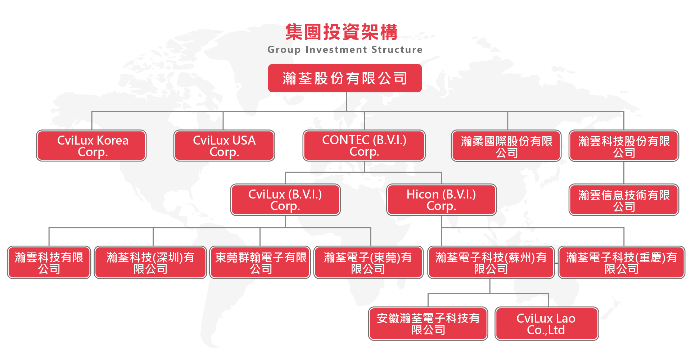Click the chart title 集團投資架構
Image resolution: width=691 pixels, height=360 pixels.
pos(342,32)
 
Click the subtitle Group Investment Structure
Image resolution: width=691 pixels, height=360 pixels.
pos(345,50)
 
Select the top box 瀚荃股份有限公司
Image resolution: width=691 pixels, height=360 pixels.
pos(345,78)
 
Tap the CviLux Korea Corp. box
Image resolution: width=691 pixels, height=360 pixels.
pos(91,146)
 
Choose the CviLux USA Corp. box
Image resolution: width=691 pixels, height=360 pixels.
pos(224,146)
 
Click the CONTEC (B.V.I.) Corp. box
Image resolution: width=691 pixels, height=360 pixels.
pos(364,146)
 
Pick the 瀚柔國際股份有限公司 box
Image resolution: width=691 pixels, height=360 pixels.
pos(506,146)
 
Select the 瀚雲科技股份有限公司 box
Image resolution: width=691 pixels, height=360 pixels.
pos(624,146)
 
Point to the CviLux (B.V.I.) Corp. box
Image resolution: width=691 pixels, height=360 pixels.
pos(285,200)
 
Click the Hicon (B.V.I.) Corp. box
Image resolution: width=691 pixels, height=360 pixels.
pos(441,200)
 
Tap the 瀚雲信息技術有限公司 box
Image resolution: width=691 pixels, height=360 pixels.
pos(624,200)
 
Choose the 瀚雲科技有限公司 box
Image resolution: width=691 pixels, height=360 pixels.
pos(49,263)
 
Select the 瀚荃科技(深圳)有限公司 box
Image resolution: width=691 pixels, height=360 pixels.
pos(150,263)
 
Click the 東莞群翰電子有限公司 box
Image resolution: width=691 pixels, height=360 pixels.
pos(260,263)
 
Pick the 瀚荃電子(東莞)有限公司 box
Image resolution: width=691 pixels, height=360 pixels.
pos(368,263)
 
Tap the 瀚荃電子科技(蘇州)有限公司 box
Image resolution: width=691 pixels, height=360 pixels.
pos(491,263)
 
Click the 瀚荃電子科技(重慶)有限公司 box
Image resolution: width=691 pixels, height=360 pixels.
pos(622,263)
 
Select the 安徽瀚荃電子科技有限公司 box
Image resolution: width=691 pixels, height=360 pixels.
pos(428,324)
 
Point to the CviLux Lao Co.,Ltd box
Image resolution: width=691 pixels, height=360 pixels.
pos(547,324)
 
